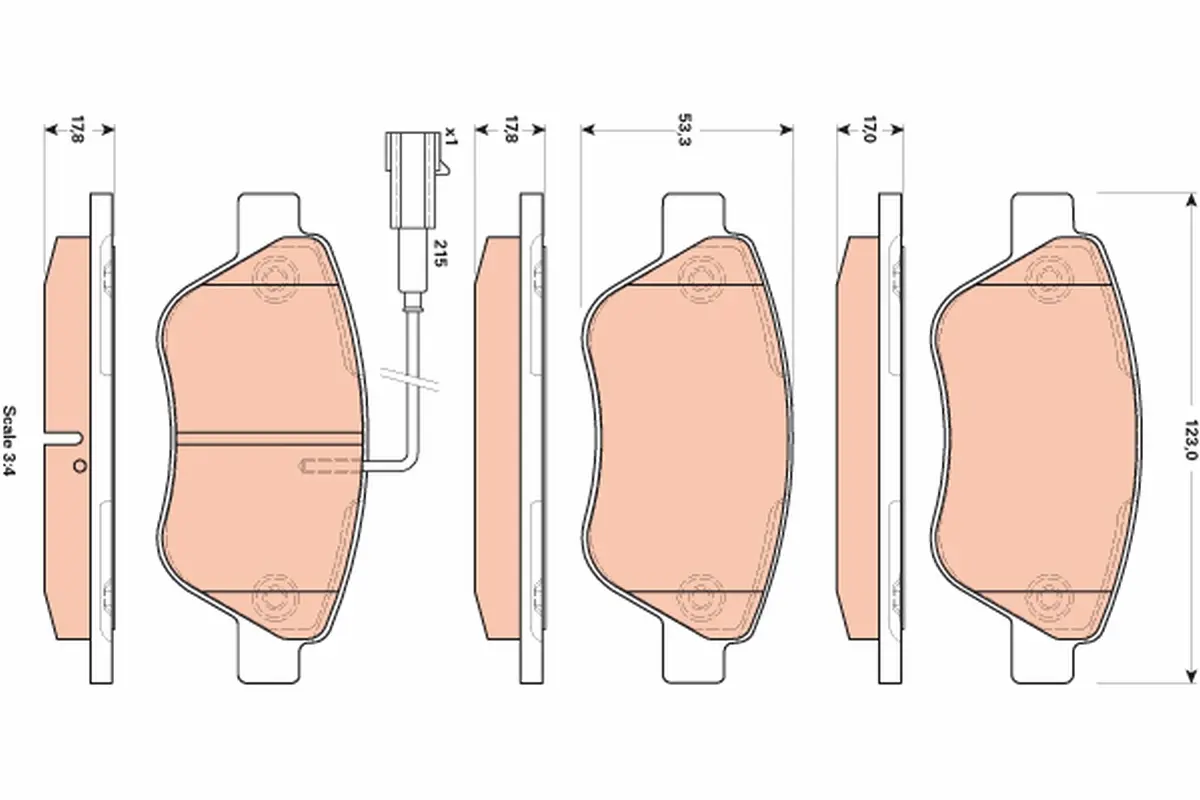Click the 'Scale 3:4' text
click(10, 440)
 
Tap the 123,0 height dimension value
click(1190, 439)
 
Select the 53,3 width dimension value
click(685, 129)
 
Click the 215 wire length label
click(440, 253)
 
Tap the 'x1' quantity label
click(451, 137)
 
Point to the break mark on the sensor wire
click(410, 379)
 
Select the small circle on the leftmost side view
click(79, 467)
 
